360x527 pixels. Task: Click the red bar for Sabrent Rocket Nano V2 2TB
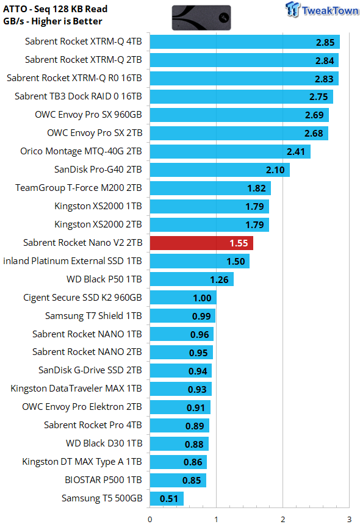point(201,243)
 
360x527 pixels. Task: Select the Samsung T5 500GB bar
point(167,498)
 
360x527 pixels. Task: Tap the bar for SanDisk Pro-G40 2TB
point(220,170)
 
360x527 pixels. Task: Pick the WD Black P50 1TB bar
point(192,279)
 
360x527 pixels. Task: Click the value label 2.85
point(325,42)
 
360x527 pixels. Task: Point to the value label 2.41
point(295,152)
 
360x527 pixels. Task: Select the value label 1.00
point(202,298)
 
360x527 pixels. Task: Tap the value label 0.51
point(169,499)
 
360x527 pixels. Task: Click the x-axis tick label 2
point(283,519)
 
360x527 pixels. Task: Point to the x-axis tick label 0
point(150,519)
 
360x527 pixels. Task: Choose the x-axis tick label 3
point(349,519)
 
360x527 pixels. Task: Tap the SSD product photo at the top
point(201,18)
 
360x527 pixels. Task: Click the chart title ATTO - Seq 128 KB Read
point(55,9)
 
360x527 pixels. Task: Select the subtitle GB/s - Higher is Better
point(52,21)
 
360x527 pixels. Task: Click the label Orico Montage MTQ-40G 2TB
point(81,151)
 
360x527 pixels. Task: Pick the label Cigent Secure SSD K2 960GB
point(82,298)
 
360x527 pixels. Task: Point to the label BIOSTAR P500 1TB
point(103,480)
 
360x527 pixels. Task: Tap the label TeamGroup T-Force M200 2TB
point(79,188)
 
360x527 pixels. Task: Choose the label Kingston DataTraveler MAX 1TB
point(76,389)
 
